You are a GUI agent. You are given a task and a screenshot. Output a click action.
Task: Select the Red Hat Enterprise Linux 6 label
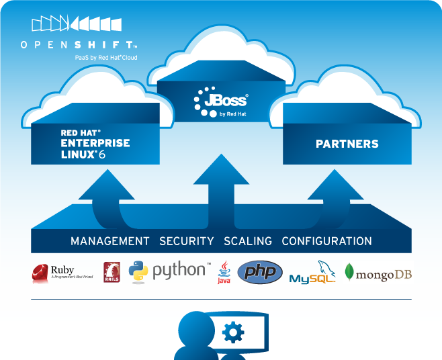95,144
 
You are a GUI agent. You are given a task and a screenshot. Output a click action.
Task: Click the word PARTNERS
347,144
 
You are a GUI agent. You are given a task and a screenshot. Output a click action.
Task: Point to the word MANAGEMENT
110,241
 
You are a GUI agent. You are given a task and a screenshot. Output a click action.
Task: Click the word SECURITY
187,241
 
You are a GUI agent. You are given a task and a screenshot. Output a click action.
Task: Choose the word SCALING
248,241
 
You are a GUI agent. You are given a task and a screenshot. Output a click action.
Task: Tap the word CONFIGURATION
326,241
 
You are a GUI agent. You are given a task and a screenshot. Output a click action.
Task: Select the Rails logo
112,272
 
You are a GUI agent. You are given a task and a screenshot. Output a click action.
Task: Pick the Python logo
169,271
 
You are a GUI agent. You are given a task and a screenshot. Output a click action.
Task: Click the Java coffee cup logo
224,272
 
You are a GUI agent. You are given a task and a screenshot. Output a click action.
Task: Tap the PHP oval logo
260,272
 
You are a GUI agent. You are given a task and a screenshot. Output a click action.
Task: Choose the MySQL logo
312,273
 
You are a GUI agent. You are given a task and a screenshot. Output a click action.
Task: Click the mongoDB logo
378,272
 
